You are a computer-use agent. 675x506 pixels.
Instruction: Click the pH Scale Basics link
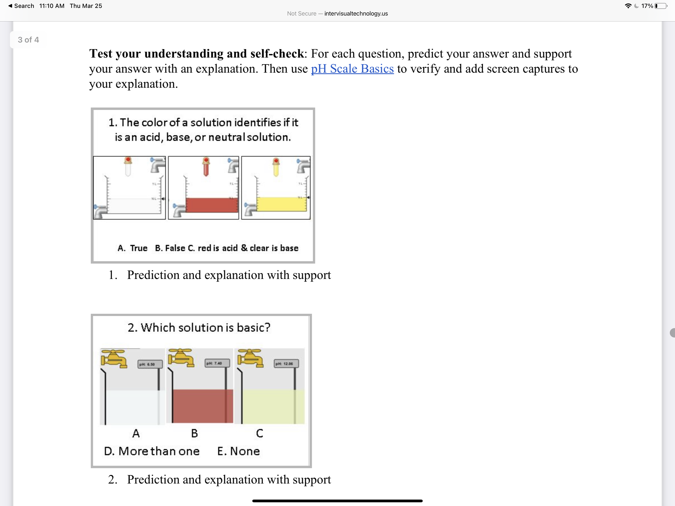[352, 69]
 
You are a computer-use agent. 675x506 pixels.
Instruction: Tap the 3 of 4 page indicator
[28, 40]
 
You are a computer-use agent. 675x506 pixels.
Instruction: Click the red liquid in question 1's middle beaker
[211, 205]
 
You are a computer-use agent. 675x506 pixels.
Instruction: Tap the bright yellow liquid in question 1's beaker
[281, 204]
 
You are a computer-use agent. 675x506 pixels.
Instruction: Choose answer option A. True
[132, 248]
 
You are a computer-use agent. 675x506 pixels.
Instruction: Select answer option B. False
[170, 248]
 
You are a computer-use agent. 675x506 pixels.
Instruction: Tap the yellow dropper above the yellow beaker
[276, 167]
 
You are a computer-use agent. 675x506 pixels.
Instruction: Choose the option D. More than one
[152, 451]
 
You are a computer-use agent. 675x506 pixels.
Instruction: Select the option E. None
[238, 451]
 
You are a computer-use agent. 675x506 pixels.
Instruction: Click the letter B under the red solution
[194, 433]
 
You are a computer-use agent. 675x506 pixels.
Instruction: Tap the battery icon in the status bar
[661, 6]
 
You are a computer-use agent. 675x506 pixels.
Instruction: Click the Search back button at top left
[21, 6]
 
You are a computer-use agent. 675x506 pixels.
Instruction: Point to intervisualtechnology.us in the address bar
[356, 13]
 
